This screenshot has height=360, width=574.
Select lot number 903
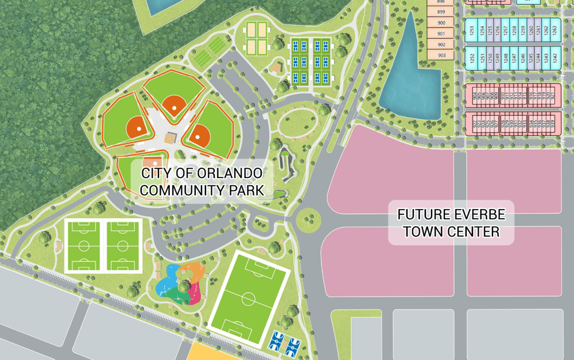[441, 55]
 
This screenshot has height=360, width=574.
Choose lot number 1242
[554, 57]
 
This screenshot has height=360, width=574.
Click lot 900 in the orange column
[441, 23]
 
